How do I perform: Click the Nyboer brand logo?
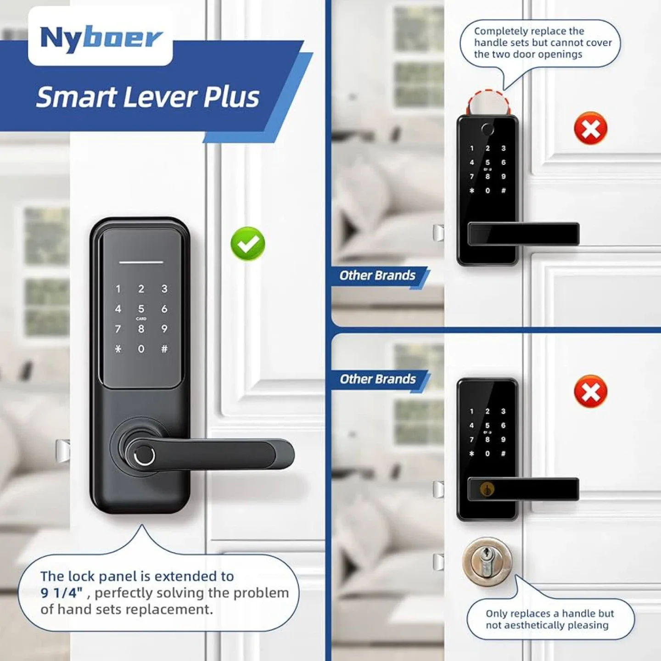(101, 38)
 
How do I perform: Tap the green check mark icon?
(248, 244)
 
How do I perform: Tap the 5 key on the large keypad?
(141, 309)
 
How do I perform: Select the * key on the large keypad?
(118, 349)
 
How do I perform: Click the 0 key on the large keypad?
(141, 349)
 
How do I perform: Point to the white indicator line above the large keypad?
(141, 263)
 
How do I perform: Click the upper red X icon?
(590, 129)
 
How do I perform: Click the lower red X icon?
(590, 392)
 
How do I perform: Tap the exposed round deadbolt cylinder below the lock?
(487, 561)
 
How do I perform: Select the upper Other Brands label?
(377, 275)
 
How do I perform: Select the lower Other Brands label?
(377, 379)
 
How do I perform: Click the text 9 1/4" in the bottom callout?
(62, 593)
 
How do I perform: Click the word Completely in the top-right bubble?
(500, 31)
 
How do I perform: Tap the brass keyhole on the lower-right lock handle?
(487, 489)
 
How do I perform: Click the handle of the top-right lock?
(523, 234)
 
